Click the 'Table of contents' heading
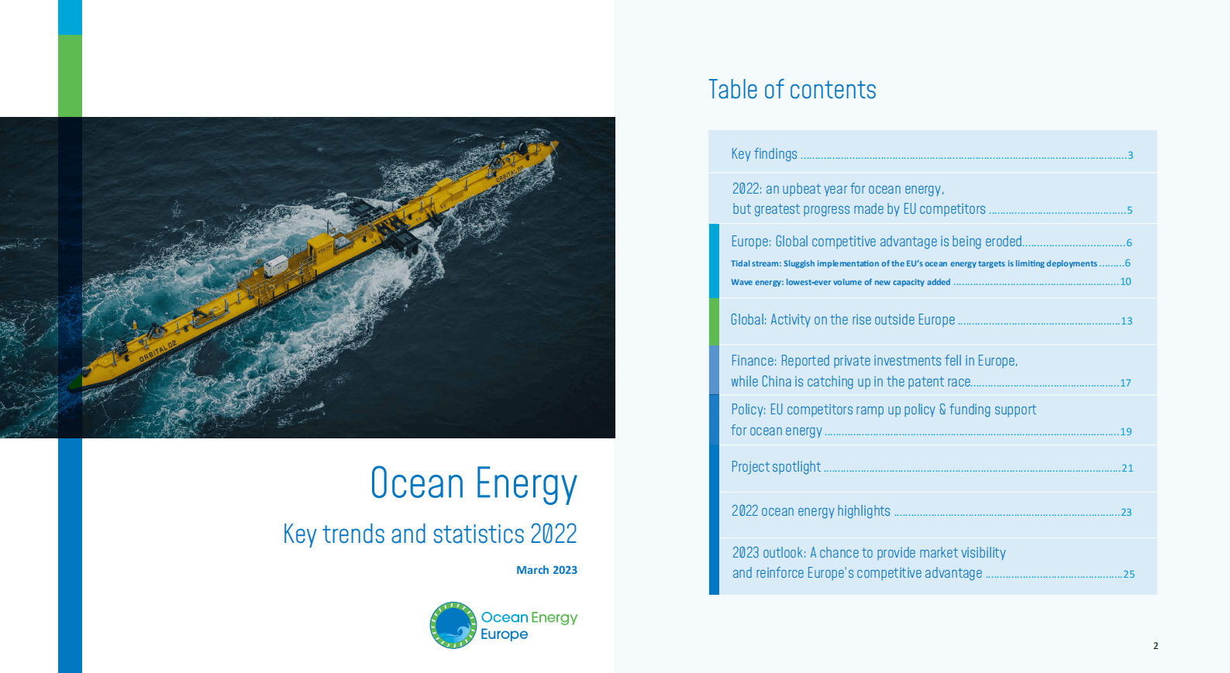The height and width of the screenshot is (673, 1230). pyautogui.click(x=792, y=89)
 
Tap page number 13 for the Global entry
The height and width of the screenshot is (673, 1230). pyautogui.click(x=1126, y=321)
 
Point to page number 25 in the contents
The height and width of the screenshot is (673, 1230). pyautogui.click(x=1128, y=575)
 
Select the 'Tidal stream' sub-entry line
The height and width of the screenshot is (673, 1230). pyautogui.click(x=930, y=263)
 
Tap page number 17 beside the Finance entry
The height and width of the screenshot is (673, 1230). pyautogui.click(x=1125, y=383)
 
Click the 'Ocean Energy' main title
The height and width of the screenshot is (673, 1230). pyautogui.click(x=474, y=483)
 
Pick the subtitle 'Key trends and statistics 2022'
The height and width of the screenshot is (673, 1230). pyautogui.click(x=430, y=534)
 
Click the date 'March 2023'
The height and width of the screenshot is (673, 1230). pyautogui.click(x=546, y=570)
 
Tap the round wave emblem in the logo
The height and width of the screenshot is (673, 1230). pyautogui.click(x=453, y=625)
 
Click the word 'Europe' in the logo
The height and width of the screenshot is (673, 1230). pyautogui.click(x=504, y=634)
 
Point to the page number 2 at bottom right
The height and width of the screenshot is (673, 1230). pyautogui.click(x=1156, y=646)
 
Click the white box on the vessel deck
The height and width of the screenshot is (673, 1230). pyautogui.click(x=276, y=266)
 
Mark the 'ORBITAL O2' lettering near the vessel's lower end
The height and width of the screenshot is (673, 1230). pyautogui.click(x=157, y=351)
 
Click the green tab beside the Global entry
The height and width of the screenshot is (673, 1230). pyautogui.click(x=714, y=321)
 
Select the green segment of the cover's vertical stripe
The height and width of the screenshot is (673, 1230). pyautogui.click(x=71, y=76)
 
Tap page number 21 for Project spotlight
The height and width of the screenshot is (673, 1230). pyautogui.click(x=1128, y=468)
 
